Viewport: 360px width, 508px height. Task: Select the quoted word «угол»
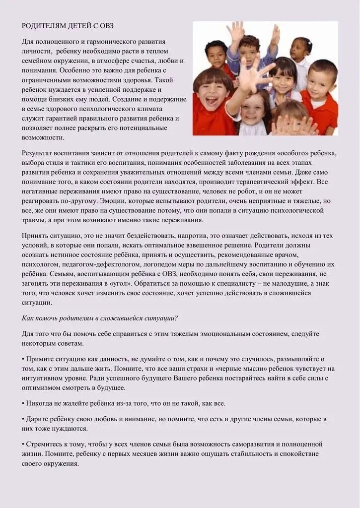[143, 283]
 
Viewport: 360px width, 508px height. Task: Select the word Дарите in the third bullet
[38, 419]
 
